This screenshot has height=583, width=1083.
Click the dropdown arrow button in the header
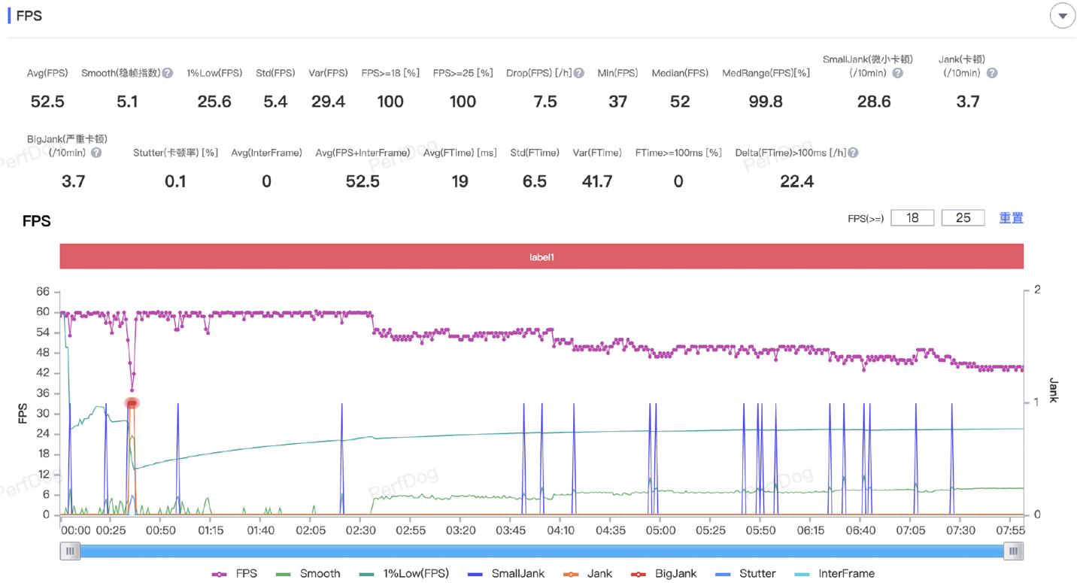click(x=1062, y=16)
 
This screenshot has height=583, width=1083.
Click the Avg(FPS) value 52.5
click(x=47, y=102)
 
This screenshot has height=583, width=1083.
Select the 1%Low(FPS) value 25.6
click(x=214, y=102)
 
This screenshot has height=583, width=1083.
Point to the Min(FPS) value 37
click(x=617, y=102)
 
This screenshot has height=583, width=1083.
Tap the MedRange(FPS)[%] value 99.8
click(x=766, y=102)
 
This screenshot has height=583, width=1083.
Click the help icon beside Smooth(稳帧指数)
click(x=168, y=73)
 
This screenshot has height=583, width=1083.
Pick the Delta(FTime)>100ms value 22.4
click(x=796, y=181)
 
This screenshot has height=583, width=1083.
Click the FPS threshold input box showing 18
click(x=912, y=217)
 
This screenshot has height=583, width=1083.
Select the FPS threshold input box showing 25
click(x=963, y=217)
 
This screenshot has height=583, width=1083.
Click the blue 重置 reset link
click(x=1011, y=217)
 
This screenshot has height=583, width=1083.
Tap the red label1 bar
click(x=541, y=257)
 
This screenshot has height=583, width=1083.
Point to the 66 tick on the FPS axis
click(x=43, y=291)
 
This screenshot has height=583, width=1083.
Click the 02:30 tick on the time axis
click(x=360, y=530)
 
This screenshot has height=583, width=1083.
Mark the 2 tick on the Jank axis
click(x=1037, y=290)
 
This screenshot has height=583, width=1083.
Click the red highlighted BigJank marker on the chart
click(x=132, y=403)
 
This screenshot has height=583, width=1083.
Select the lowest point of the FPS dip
click(x=132, y=390)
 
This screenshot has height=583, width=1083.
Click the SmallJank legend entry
click(x=506, y=573)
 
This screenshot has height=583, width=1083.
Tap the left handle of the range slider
click(x=70, y=551)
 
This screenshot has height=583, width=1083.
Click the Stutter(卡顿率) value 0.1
click(x=175, y=181)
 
